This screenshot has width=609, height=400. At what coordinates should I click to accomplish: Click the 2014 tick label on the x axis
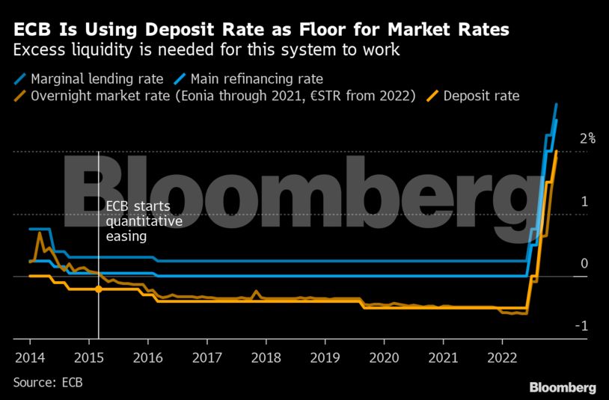click(x=29, y=356)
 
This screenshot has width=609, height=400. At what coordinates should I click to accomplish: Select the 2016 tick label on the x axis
click(x=147, y=356)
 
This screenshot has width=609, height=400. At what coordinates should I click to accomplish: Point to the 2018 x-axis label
click(x=265, y=356)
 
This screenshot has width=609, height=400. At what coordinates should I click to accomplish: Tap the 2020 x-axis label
click(x=383, y=356)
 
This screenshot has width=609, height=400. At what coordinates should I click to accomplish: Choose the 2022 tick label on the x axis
click(x=501, y=356)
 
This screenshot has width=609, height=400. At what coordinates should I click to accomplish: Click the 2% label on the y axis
click(x=587, y=138)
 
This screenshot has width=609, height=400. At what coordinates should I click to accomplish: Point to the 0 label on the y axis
click(x=584, y=263)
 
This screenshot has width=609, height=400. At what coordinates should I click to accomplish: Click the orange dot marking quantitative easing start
click(x=99, y=289)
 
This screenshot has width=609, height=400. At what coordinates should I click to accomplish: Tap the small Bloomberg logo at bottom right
click(x=563, y=387)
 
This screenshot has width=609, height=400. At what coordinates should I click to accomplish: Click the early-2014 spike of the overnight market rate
click(x=39, y=233)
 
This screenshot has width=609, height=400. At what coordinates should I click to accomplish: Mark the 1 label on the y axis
click(x=584, y=201)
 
